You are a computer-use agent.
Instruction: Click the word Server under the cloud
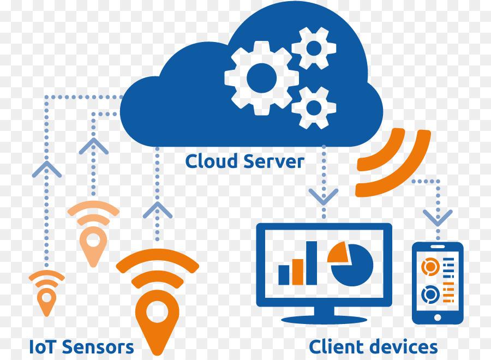pyautogui.click(x=274, y=162)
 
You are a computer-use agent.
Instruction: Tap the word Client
pyautogui.click(x=336, y=346)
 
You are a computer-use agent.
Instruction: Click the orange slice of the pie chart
pyautogui.click(x=339, y=254)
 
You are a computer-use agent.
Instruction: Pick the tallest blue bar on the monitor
pyautogui.click(x=312, y=263)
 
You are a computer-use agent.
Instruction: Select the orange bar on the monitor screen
pyautogui.click(x=298, y=272)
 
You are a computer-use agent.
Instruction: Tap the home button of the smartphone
pyautogui.click(x=438, y=317)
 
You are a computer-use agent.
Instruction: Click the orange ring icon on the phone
pyautogui.click(x=430, y=266)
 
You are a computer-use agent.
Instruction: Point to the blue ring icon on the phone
pyautogui.click(x=430, y=294)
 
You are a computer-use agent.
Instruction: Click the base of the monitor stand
pyautogui.click(x=324, y=320)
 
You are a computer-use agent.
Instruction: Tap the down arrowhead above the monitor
pyautogui.click(x=324, y=196)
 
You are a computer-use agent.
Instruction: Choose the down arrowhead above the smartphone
pyautogui.click(x=438, y=218)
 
